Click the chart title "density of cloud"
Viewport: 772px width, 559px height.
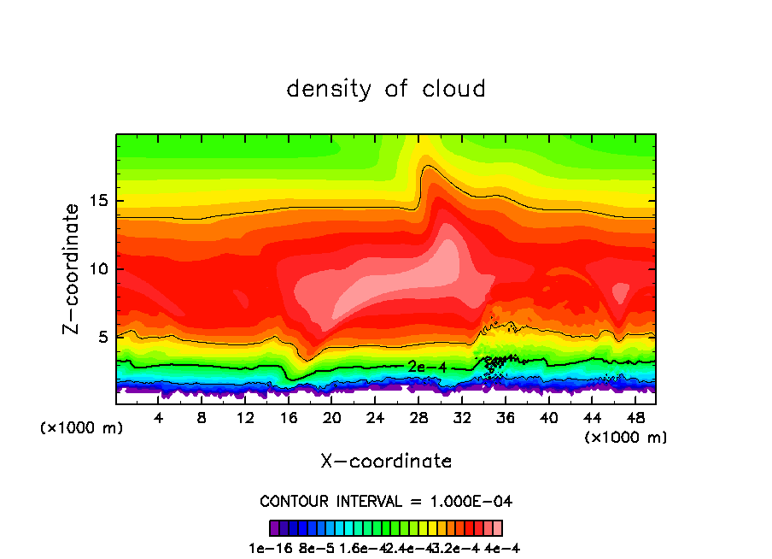pos(386,89)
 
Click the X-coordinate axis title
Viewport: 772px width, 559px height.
pos(386,462)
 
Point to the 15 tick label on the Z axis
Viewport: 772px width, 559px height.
pos(98,202)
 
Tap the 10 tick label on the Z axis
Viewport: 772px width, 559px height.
pos(98,269)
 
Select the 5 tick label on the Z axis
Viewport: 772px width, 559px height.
pos(103,337)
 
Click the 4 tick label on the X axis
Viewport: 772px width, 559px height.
pos(159,419)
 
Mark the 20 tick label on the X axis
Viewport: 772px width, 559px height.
pos(332,419)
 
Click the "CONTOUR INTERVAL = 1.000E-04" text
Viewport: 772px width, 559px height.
pos(386,501)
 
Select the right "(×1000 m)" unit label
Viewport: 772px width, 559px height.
pos(626,438)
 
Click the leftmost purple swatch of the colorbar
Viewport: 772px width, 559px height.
pos(274,528)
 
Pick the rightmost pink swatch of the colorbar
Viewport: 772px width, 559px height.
pos(498,528)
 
